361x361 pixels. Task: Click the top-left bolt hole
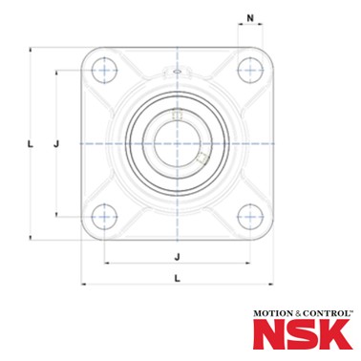click(x=104, y=71)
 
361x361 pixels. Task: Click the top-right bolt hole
click(x=250, y=71)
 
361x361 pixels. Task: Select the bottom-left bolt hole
click(x=104, y=217)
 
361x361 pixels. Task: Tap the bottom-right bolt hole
click(x=250, y=217)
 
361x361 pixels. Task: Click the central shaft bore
click(x=178, y=143)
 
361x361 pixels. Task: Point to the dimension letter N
click(x=250, y=18)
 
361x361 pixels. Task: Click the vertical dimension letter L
click(x=31, y=144)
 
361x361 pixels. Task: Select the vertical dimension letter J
click(x=56, y=144)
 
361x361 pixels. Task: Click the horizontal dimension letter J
click(x=178, y=257)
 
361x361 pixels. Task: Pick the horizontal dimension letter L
click(x=178, y=278)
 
